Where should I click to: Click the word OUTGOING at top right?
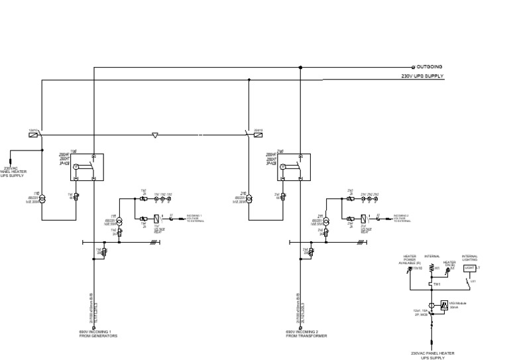point(430,67)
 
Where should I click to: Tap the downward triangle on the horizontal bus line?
point(154,135)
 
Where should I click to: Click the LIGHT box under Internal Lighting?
point(470,267)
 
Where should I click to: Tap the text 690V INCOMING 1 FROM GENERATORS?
point(98,333)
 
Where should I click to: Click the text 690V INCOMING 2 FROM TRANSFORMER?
point(306,333)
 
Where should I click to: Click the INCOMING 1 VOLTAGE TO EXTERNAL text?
point(198,218)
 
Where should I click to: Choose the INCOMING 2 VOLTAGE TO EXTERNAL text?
point(405,218)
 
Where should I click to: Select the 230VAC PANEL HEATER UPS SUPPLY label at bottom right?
point(433,355)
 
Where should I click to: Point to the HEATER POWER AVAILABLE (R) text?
point(409,260)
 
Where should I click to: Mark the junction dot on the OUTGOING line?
point(301,67)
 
